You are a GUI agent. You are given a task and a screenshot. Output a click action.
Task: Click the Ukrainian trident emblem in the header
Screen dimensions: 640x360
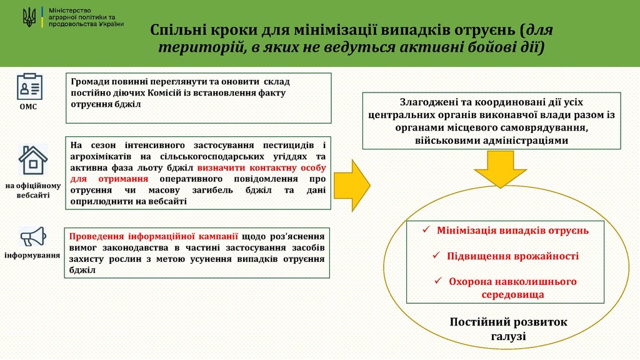pyautogui.click(x=29, y=18)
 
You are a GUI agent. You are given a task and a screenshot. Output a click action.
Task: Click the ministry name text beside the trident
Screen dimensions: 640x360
pyautogui.click(x=86, y=17)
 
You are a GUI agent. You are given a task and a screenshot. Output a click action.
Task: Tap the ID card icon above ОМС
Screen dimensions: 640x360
pyautogui.click(x=30, y=86)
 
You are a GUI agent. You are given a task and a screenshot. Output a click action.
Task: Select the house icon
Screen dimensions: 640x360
pyautogui.click(x=32, y=160)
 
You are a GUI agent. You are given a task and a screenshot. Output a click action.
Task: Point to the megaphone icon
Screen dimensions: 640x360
pyautogui.click(x=33, y=237)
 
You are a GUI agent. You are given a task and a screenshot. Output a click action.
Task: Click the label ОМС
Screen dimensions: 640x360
pyautogui.click(x=28, y=107)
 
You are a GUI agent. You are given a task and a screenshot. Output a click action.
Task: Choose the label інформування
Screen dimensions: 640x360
pyautogui.click(x=32, y=256)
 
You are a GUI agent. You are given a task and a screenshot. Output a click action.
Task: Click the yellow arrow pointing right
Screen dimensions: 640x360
pyautogui.click(x=352, y=186)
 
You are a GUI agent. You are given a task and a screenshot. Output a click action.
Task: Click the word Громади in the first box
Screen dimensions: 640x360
pyautogui.click(x=87, y=82)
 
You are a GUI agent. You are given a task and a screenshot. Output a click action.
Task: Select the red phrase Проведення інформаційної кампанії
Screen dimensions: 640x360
pyautogui.click(x=154, y=236)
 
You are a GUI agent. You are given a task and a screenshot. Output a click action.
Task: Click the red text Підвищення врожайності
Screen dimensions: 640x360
pyautogui.click(x=512, y=256)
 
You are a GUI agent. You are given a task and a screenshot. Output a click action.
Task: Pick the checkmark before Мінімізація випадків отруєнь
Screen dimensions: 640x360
pyautogui.click(x=426, y=230)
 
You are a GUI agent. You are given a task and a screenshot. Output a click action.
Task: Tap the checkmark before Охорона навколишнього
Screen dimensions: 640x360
pyautogui.click(x=438, y=281)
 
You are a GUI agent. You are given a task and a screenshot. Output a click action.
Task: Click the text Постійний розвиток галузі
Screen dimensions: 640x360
pyautogui.click(x=508, y=329)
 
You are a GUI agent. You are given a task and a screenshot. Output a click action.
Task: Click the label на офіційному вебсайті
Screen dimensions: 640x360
pyautogui.click(x=33, y=190)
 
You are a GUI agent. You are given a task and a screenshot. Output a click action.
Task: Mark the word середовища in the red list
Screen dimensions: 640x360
pyautogui.click(x=512, y=295)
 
